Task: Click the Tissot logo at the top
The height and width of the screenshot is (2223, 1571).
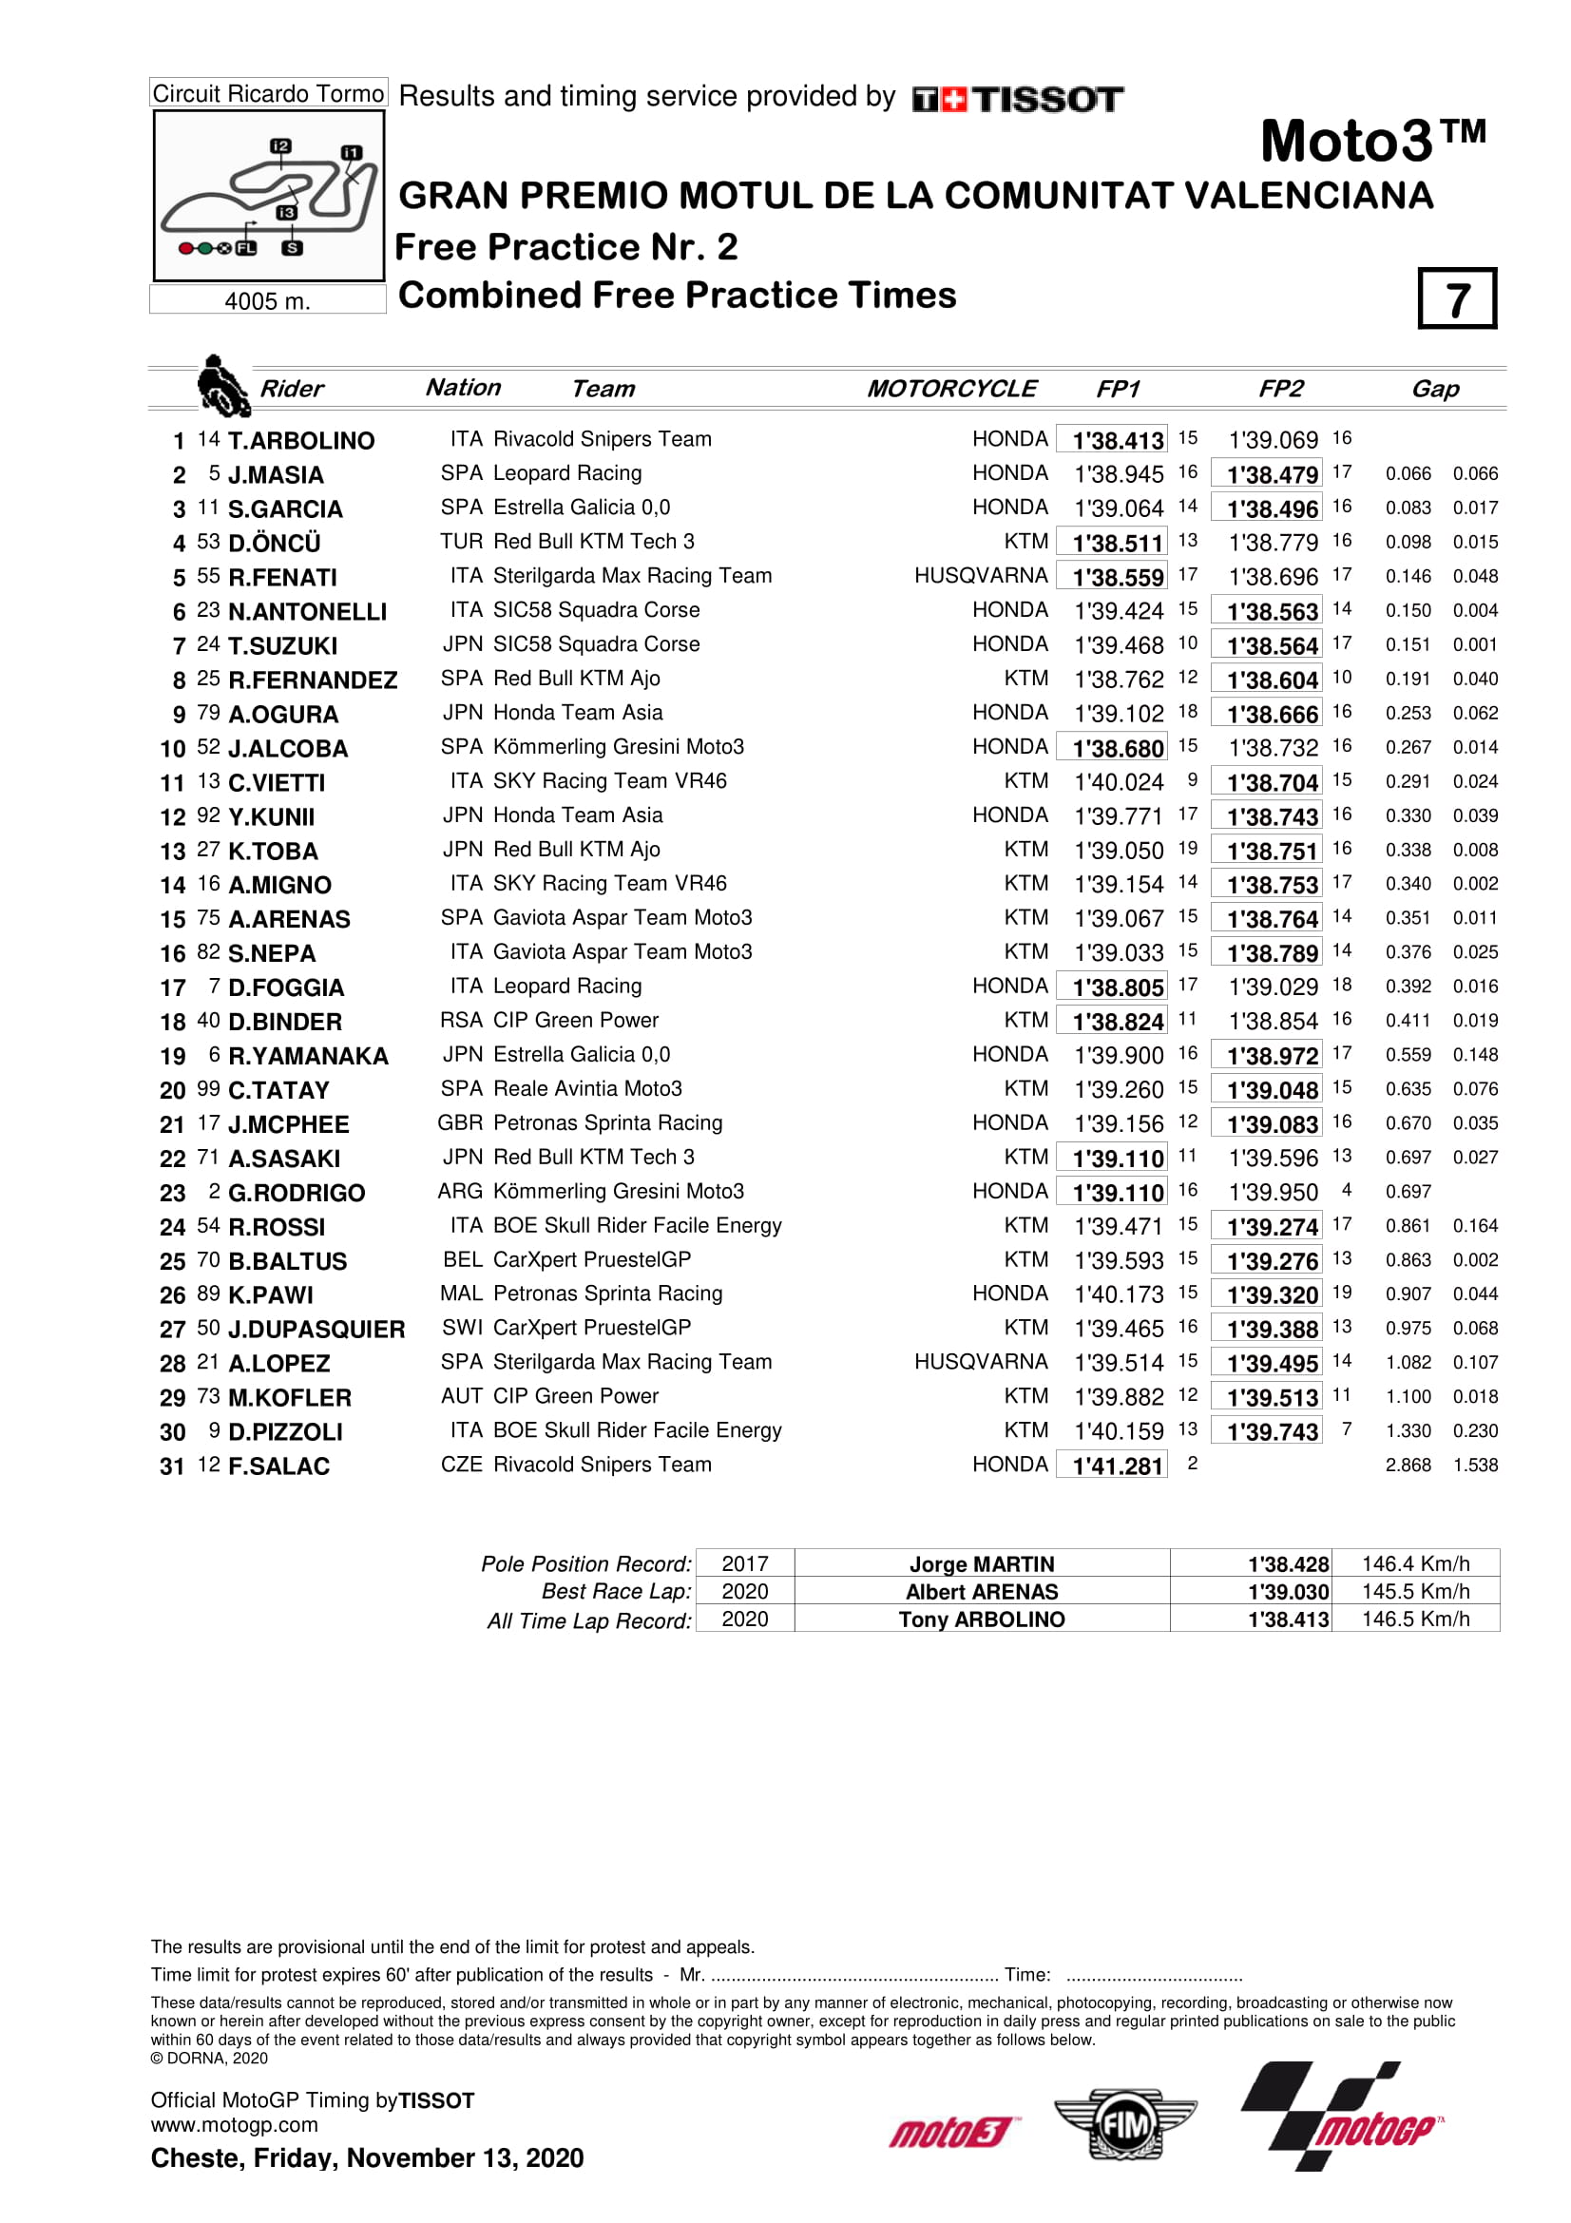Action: coord(1017,99)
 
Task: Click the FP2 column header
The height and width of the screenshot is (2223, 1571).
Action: coord(1279,389)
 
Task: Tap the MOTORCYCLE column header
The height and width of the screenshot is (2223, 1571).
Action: coord(950,389)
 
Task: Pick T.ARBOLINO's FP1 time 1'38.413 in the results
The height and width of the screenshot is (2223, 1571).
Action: coord(1117,441)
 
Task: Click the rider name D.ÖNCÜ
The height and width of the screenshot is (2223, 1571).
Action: coord(274,544)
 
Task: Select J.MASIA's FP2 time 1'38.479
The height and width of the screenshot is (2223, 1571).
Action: coord(1272,474)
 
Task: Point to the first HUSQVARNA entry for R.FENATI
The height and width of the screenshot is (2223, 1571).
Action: coord(981,576)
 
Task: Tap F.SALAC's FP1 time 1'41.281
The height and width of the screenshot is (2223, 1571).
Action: coord(1117,1466)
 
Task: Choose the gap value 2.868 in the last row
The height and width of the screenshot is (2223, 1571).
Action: coord(1408,1466)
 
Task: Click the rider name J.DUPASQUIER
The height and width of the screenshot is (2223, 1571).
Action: coord(316,1330)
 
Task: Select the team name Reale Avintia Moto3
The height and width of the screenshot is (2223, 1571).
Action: coord(586,1089)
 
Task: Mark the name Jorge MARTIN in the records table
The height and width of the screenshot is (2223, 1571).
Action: coord(982,1564)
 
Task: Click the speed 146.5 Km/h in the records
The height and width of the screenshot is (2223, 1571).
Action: coord(1415,1619)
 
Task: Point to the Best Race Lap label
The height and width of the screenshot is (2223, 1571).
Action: coord(617,1592)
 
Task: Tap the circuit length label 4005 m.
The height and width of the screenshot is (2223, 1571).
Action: coord(267,301)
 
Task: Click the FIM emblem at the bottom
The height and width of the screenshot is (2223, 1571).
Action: coord(1124,2125)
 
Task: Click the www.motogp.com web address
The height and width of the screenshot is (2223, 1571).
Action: coord(234,2125)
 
